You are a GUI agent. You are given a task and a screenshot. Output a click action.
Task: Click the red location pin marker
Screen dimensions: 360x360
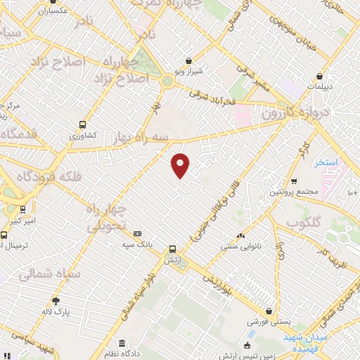pyautogui.click(x=181, y=165)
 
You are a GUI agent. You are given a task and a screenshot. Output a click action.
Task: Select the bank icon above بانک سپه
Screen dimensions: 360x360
pyautogui.click(x=137, y=234)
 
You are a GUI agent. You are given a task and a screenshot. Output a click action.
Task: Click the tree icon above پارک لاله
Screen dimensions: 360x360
pyautogui.click(x=56, y=300)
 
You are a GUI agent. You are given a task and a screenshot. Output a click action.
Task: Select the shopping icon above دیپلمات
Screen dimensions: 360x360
pyautogui.click(x=320, y=76)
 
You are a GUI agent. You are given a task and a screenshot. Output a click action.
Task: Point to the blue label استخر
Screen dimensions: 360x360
pyautogui.click(x=326, y=163)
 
